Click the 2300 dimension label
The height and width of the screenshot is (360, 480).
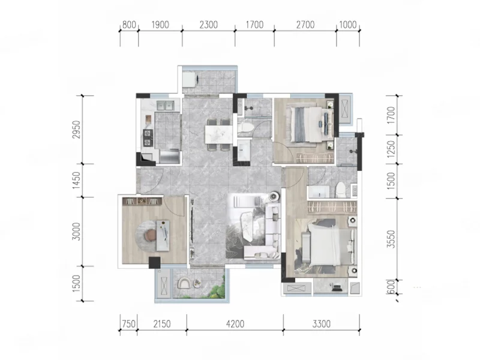coord(208,25)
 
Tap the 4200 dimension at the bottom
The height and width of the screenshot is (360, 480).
coord(235,323)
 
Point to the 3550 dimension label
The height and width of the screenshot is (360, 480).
coord(391,239)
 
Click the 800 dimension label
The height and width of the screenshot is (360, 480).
coord(129,25)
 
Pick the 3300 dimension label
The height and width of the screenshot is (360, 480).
coord(322,323)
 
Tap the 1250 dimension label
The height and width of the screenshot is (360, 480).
coord(391,149)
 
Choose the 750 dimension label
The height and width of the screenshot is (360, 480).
coord(128,323)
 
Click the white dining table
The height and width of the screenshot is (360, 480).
coord(218,134)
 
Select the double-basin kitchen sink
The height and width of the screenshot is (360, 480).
coord(166,106)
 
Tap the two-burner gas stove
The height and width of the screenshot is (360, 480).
coord(148,138)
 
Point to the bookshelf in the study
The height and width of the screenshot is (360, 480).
coord(142,201)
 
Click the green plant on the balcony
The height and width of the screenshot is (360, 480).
coord(218,289)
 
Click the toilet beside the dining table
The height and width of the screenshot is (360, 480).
coord(245,130)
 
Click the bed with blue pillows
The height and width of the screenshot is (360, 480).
coord(310,124)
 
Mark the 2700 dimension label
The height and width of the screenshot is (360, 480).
coord(305,25)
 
